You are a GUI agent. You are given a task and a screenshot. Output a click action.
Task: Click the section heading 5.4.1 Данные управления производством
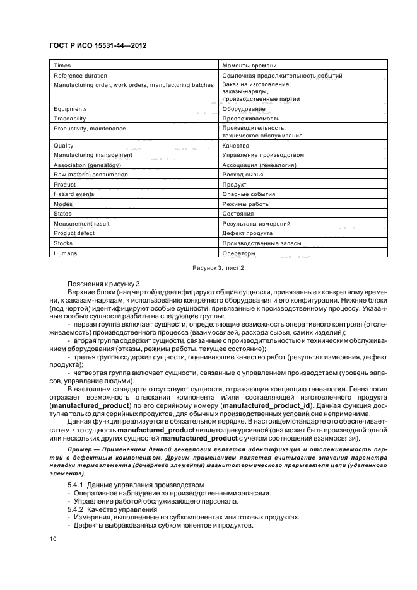(x=136, y=484)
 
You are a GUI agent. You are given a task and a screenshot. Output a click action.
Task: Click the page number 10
(x=53, y=540)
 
